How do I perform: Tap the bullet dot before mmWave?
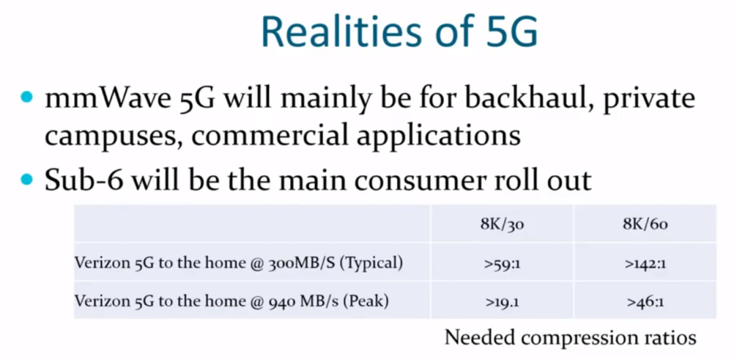point(27,98)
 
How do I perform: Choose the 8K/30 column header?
point(502,225)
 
